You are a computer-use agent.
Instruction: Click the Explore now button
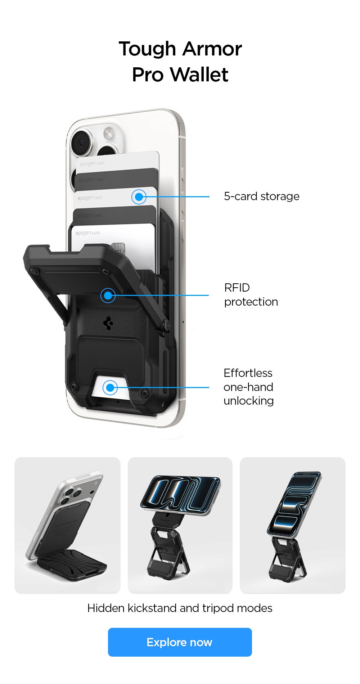(180, 642)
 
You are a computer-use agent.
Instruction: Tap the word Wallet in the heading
(199, 75)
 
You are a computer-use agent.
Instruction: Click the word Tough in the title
(147, 49)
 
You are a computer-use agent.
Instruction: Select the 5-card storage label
(261, 197)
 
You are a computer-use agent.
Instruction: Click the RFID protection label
(251, 295)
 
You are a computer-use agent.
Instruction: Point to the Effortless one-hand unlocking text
(248, 387)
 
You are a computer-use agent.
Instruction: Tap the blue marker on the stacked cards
(139, 197)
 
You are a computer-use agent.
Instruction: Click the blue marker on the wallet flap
(108, 296)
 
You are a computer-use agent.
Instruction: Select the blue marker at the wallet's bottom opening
(110, 388)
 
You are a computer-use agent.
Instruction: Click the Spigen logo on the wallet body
(108, 323)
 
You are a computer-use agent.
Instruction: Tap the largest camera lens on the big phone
(82, 142)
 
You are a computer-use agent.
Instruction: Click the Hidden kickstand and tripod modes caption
(180, 608)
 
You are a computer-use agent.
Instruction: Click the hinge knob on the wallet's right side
(166, 325)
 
